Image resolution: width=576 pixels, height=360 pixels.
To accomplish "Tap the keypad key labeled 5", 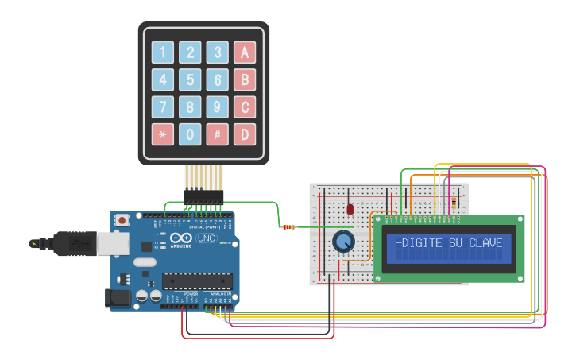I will (190, 79).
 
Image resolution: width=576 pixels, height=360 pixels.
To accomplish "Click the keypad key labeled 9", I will (217, 106).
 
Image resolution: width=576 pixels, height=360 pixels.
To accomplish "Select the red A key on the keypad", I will (244, 52).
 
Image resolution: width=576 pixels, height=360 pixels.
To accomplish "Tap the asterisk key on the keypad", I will (163, 134).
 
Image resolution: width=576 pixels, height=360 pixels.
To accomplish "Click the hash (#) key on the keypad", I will (217, 134).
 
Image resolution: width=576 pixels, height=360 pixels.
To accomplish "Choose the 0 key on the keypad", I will (190, 134).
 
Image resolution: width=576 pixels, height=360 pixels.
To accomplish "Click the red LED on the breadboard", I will (350, 208).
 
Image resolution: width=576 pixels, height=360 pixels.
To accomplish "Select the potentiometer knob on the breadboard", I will (343, 242).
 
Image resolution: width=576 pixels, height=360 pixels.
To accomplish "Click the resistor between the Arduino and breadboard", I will (288, 227).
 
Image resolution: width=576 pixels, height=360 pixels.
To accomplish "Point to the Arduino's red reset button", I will (122, 219).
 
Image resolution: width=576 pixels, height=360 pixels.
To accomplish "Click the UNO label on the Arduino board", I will (206, 238).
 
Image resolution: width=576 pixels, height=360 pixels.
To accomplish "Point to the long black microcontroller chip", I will (197, 281).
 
